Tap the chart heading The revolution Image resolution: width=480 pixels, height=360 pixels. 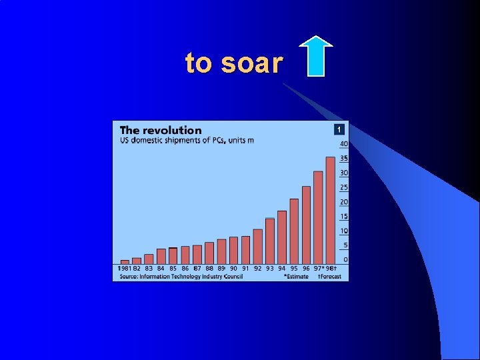(x=160, y=131)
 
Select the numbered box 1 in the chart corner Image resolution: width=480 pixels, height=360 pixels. (x=339, y=129)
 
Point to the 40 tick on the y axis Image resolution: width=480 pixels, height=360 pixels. (x=344, y=144)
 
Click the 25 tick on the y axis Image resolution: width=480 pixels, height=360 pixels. (x=344, y=187)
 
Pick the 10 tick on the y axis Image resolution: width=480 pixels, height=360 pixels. (x=344, y=231)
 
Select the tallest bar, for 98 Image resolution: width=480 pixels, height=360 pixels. (x=330, y=210)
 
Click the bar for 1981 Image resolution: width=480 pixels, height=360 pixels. (x=125, y=261)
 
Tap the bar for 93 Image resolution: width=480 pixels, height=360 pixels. (x=269, y=241)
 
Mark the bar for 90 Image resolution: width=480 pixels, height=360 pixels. (x=233, y=250)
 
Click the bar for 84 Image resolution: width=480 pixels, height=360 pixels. (x=161, y=256)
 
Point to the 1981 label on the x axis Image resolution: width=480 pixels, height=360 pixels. (x=125, y=269)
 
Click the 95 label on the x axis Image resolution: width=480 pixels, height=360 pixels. (x=294, y=269)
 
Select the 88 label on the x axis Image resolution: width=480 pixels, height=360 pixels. (x=209, y=269)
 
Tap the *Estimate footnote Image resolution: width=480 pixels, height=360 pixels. (x=296, y=276)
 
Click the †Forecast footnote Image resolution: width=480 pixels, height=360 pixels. (x=329, y=276)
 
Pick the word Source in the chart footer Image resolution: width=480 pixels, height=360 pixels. (x=129, y=276)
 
